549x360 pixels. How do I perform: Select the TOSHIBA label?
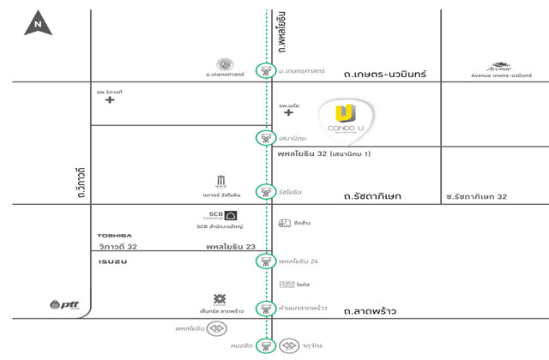point(114,234)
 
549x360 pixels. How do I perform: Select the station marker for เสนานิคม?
point(267,138)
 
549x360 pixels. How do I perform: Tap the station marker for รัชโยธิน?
point(267,190)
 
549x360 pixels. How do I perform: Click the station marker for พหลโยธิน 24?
point(267,261)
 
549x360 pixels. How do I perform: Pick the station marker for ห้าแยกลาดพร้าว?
point(267,309)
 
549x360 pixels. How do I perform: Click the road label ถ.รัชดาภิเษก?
point(371,197)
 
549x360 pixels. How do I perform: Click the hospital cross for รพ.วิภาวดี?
point(109,100)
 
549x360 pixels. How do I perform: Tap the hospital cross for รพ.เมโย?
point(289,112)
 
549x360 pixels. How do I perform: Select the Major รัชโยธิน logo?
point(221,181)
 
